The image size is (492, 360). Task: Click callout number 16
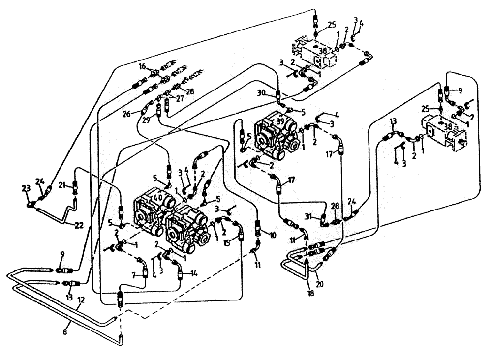point(142,65)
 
